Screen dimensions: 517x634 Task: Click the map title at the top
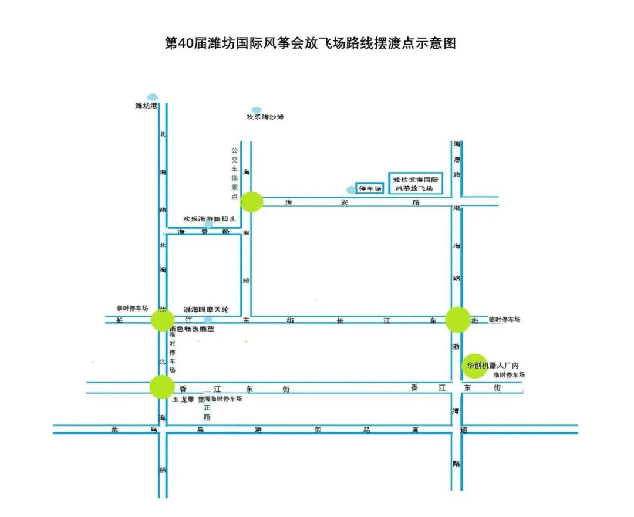[311, 44]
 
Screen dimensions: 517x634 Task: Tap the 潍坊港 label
[146, 106]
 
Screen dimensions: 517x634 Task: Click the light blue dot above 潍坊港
[153, 97]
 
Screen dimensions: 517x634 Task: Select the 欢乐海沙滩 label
[265, 117]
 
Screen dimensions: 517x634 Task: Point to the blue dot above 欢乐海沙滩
[257, 110]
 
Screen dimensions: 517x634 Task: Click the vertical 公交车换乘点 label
[234, 174]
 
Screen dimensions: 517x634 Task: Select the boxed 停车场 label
[370, 188]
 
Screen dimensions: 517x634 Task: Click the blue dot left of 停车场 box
[351, 190]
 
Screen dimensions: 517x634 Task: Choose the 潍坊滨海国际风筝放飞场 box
[416, 183]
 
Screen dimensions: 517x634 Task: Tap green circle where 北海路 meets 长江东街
[162, 320]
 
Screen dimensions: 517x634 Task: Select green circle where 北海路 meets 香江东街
[161, 387]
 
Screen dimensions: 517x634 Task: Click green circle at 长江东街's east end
[457, 319]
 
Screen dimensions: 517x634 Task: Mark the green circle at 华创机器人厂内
[474, 366]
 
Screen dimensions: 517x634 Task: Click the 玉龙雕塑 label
[187, 399]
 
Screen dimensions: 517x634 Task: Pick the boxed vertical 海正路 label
[207, 407]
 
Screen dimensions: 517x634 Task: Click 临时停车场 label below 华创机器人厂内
[508, 374]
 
